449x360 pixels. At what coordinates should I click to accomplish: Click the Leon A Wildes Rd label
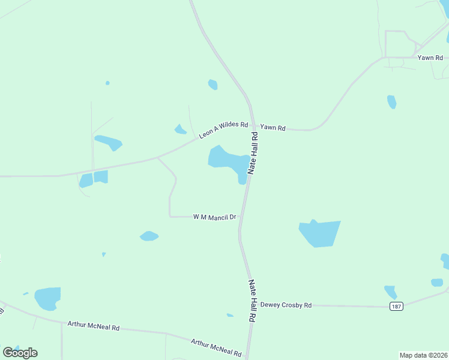click(223, 131)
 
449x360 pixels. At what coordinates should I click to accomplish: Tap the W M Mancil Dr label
click(214, 217)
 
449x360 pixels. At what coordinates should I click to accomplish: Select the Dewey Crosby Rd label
click(286, 305)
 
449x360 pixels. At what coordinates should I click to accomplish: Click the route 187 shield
click(396, 307)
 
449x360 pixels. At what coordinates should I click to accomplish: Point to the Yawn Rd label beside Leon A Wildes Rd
click(273, 128)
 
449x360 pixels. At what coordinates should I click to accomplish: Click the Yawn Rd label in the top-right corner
click(430, 58)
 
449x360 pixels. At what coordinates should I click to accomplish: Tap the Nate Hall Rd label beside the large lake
click(255, 153)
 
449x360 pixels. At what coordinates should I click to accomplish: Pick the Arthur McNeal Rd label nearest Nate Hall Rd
click(215, 348)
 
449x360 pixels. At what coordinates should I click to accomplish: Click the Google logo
click(20, 353)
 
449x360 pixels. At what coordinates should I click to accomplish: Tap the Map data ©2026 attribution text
click(424, 355)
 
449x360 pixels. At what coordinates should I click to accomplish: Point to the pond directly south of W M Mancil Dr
click(149, 236)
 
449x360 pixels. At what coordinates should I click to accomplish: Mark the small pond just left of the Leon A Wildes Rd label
click(180, 129)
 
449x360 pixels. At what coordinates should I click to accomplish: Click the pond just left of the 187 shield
click(390, 292)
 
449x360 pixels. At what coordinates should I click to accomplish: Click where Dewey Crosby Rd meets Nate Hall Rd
click(249, 305)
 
